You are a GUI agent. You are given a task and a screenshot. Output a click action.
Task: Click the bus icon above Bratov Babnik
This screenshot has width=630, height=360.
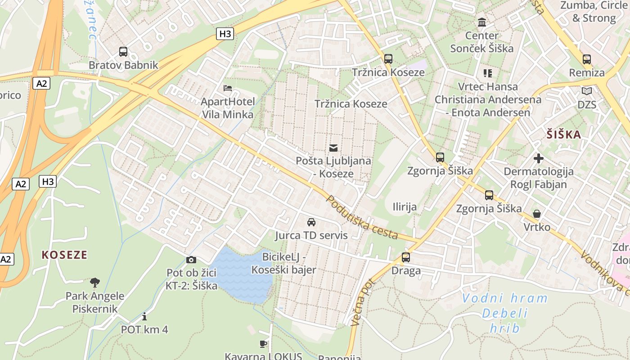[x=123, y=52]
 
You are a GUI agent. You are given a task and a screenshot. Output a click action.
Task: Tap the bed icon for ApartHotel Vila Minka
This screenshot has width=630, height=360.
[x=228, y=88]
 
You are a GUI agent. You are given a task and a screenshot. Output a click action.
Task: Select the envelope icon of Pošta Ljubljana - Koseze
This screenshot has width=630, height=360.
[x=333, y=148]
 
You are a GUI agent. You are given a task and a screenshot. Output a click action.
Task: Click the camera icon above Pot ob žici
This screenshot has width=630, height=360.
[x=191, y=260]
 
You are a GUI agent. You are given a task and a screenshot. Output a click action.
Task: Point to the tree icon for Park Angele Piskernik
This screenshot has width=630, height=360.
[x=94, y=283]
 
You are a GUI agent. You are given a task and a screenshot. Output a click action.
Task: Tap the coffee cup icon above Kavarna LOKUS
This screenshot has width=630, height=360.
[x=263, y=344]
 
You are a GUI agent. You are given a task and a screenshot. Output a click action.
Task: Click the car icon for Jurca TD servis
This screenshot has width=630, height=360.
[x=311, y=222]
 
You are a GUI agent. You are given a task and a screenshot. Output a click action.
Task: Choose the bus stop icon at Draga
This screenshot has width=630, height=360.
[x=406, y=257]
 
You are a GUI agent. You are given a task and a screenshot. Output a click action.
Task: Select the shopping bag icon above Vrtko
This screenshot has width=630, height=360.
[x=537, y=213]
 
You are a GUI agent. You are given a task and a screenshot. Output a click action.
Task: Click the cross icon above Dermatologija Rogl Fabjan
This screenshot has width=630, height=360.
[x=539, y=158]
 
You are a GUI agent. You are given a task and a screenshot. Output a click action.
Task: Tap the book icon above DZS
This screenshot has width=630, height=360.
[x=587, y=91]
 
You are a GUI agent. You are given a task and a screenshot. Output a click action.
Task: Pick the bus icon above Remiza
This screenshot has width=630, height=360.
[x=587, y=59]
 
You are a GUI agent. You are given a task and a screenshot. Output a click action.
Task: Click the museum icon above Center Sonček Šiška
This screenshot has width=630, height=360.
[x=482, y=22]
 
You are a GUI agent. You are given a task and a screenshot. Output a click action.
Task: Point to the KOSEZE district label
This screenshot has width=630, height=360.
[x=64, y=255]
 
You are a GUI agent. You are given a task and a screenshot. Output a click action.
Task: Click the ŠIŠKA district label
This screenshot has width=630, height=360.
[x=564, y=135]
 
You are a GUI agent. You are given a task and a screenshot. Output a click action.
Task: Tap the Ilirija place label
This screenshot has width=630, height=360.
[x=405, y=207]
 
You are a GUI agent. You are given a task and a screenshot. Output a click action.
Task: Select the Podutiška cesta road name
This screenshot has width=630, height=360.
[x=362, y=217]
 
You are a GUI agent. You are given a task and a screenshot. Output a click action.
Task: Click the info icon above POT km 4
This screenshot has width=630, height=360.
[x=144, y=316]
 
